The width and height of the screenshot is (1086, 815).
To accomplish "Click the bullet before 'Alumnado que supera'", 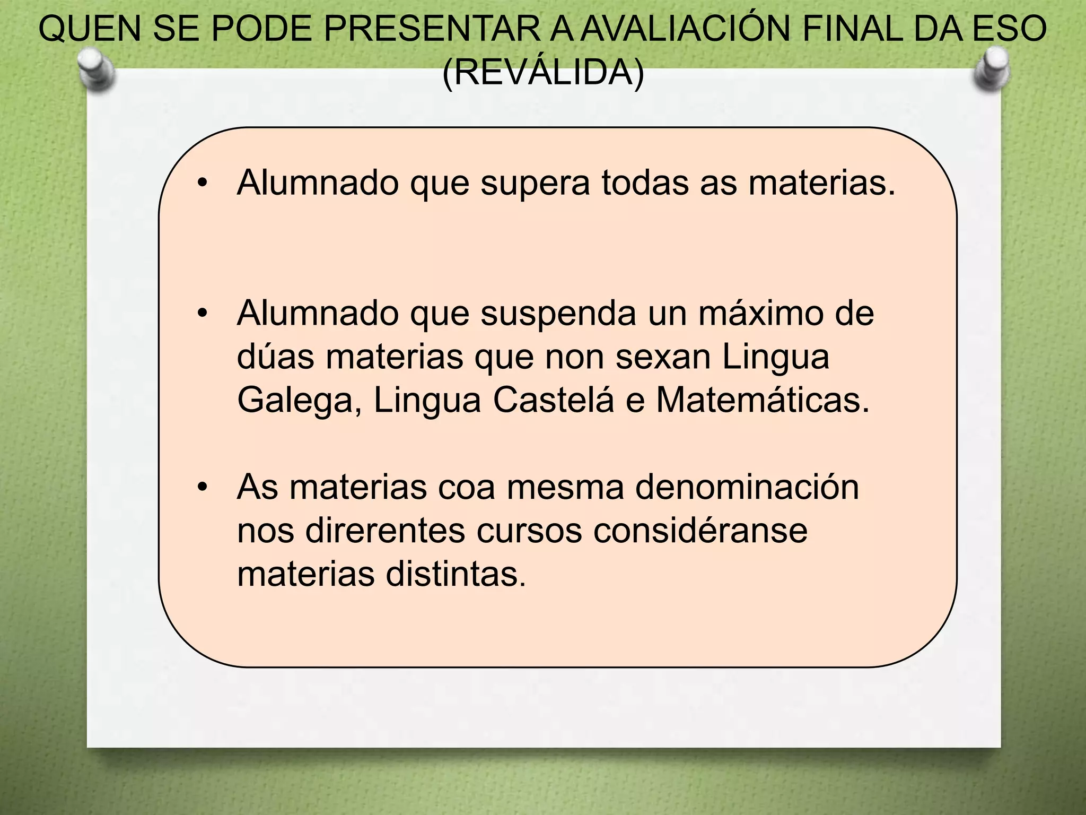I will pyautogui.click(x=202, y=184).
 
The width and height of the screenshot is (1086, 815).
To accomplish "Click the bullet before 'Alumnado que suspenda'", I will pyautogui.click(x=202, y=314).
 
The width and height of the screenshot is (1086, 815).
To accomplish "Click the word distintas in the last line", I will pyautogui.click(x=456, y=574).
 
